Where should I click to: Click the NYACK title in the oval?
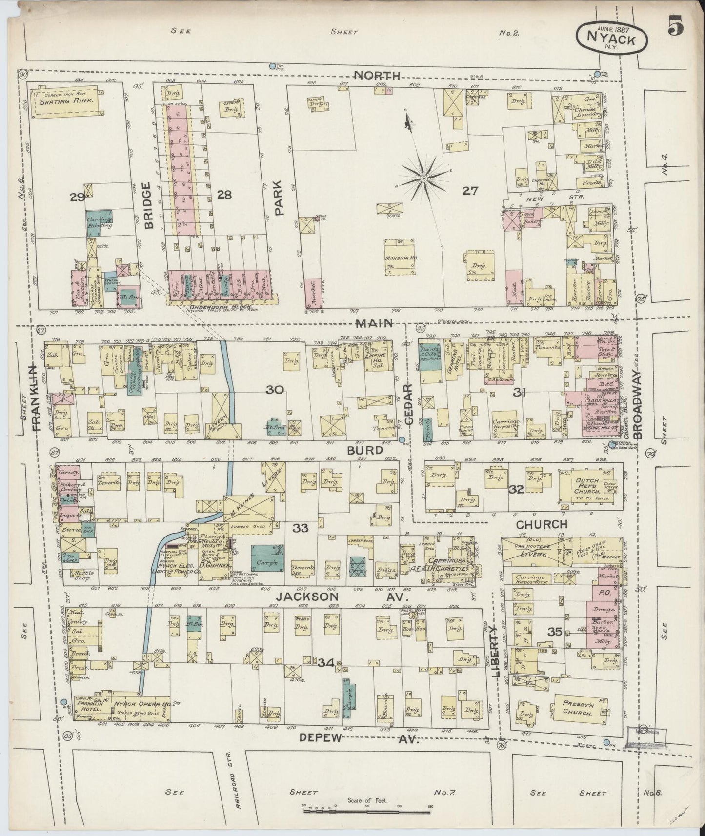pyautogui.click(x=612, y=40)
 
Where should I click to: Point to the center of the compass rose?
pyautogui.click(x=424, y=179)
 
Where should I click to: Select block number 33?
pyautogui.click(x=301, y=527)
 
